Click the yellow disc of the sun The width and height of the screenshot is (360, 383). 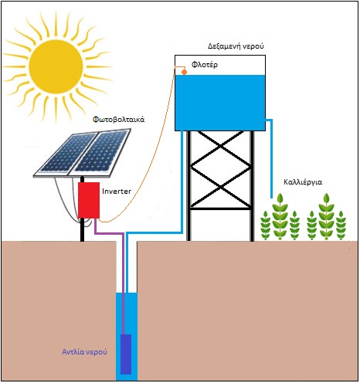(x=56, y=66)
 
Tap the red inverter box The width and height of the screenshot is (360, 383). (x=89, y=200)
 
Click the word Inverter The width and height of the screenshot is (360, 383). (x=117, y=191)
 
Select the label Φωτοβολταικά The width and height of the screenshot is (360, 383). (x=118, y=120)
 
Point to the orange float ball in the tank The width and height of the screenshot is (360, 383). (x=184, y=73)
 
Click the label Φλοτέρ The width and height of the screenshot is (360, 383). (x=205, y=65)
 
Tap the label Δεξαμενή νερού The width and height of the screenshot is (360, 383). (x=236, y=46)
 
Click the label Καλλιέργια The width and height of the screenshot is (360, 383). (x=303, y=182)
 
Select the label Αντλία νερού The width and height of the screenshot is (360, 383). (x=84, y=351)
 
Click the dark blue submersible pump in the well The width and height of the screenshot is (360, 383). (x=126, y=354)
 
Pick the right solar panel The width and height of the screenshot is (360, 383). (x=100, y=153)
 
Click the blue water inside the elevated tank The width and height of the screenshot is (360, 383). (x=220, y=103)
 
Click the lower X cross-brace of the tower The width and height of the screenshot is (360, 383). (x=220, y=188)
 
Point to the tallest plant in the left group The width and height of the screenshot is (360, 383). (x=280, y=217)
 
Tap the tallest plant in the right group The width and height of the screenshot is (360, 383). (x=326, y=217)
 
